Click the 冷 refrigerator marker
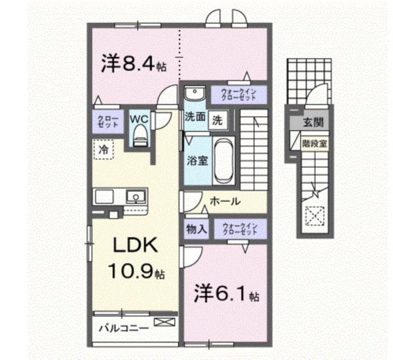click(103, 149)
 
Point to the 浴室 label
click(195, 160)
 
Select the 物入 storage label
click(196, 229)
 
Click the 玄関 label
click(311, 122)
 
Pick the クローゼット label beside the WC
click(106, 121)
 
